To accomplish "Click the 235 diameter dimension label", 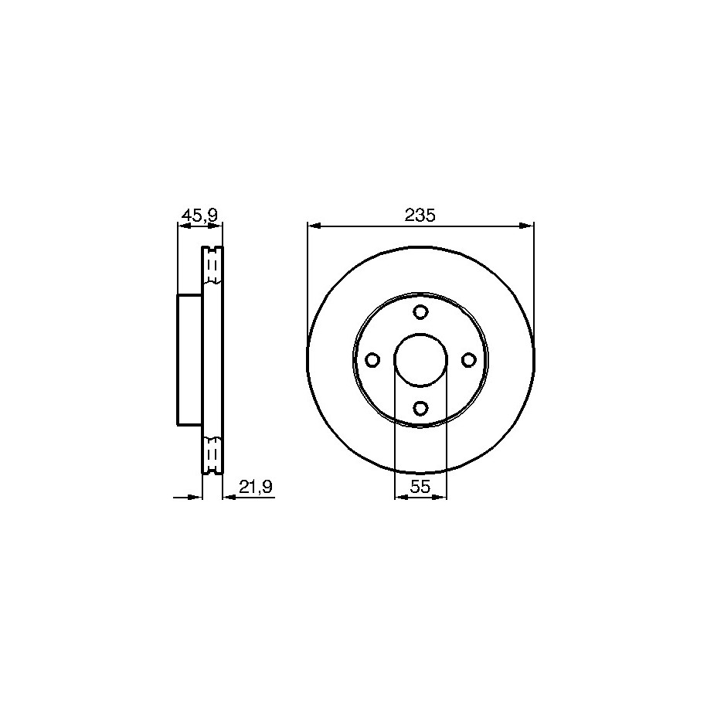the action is pos(420,216).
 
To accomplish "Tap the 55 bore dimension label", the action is pos(420,487).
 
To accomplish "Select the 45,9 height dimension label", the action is pos(199,216).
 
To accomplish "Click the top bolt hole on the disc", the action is pos(420,311).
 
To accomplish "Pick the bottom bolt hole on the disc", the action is pos(420,409).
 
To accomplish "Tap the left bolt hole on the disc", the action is pos(372,360).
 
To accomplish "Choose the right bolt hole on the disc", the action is pos(469,360).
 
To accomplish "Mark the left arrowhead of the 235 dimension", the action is pos(314,226).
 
